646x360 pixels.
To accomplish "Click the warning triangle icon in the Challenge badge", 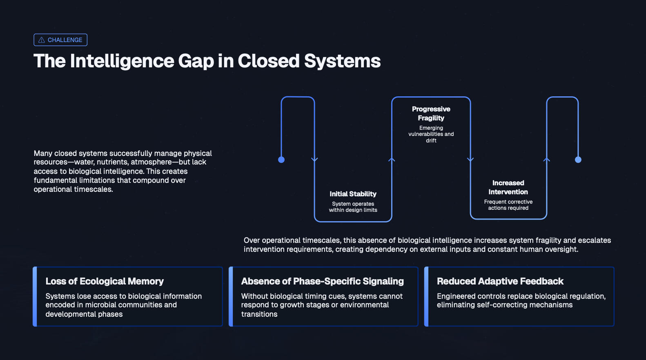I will click(x=41, y=40).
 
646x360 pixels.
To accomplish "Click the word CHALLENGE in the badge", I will click(x=65, y=40).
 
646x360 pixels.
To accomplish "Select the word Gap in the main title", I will click(x=196, y=61).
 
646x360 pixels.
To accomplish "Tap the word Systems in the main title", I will click(x=342, y=61).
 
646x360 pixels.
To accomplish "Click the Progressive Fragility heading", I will click(x=431, y=113).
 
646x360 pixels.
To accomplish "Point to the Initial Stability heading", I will click(x=353, y=194).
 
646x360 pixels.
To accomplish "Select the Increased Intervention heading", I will click(x=508, y=187).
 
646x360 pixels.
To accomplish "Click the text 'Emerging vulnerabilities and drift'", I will click(x=431, y=134).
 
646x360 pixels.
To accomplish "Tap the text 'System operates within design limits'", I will click(x=353, y=207).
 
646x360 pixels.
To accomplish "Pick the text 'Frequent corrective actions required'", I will click(x=508, y=205).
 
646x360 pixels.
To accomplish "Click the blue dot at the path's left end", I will click(x=281, y=160).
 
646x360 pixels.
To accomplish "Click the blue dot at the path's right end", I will click(x=578, y=160).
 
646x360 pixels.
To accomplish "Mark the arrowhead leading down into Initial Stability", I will click(x=314, y=160).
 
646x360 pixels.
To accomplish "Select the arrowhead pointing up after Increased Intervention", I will click(x=546, y=160).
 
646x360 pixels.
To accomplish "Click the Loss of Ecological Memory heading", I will click(x=105, y=281).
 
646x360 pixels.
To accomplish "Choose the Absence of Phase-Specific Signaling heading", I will click(x=322, y=281).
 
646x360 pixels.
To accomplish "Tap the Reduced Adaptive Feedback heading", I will click(x=500, y=281).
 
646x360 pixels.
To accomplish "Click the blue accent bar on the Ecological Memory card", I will click(x=35, y=296).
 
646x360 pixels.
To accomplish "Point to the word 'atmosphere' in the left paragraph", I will click(x=151, y=162).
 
